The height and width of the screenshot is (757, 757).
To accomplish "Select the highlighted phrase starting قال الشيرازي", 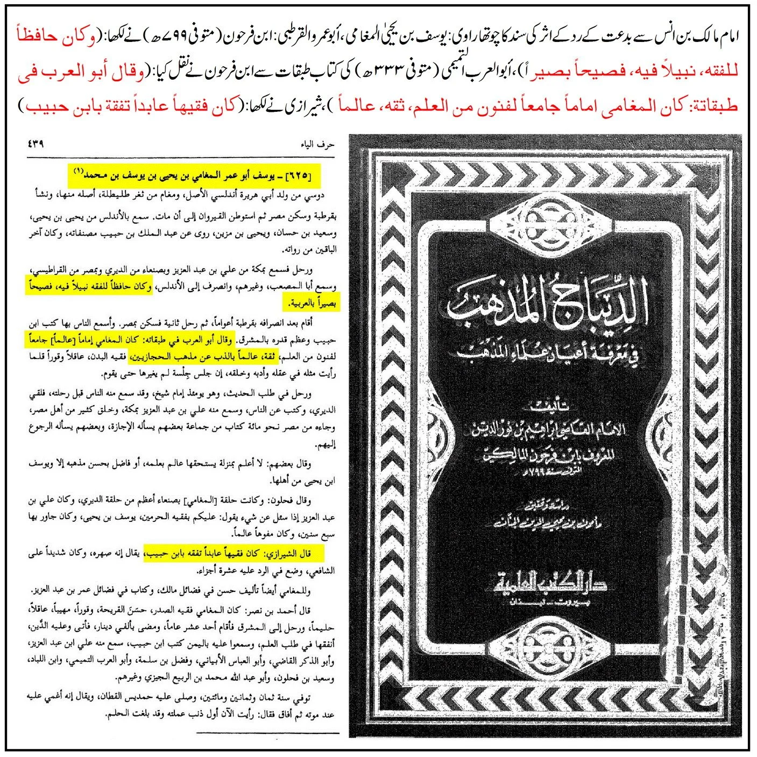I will (237, 554).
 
